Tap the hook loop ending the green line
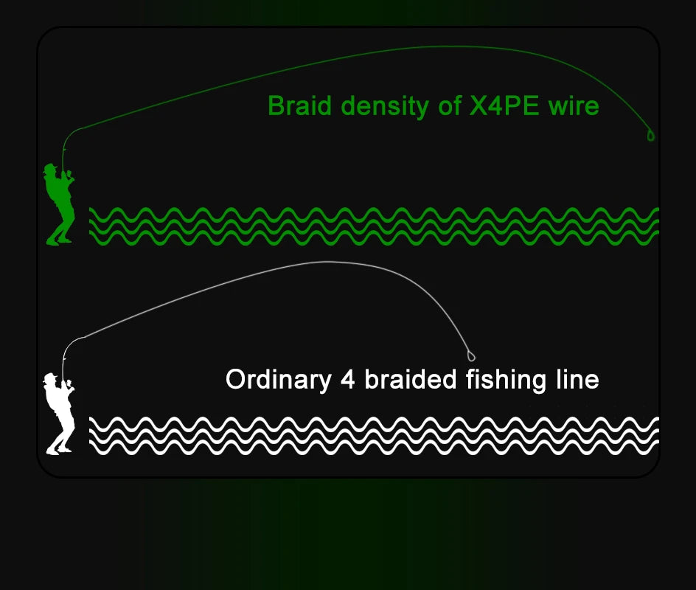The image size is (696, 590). (x=651, y=136)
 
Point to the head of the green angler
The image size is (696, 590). (x=51, y=170)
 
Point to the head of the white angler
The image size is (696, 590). (x=51, y=380)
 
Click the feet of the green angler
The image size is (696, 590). (x=59, y=240)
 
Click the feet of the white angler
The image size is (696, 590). (x=59, y=449)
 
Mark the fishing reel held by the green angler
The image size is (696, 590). (x=69, y=176)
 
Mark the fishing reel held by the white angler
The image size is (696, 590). (x=69, y=385)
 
